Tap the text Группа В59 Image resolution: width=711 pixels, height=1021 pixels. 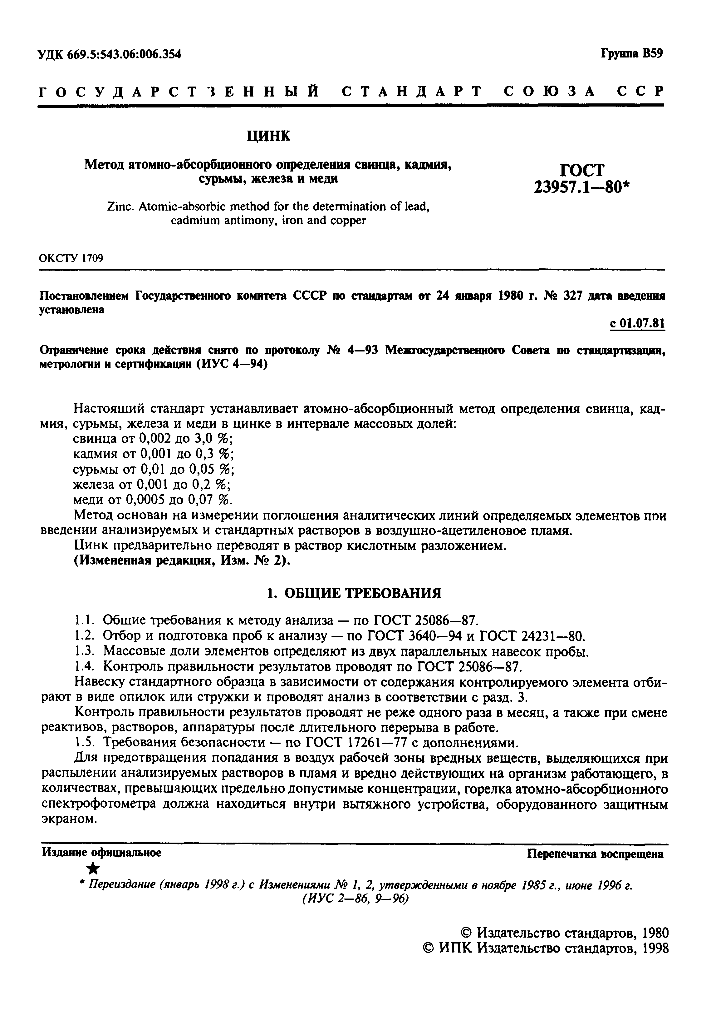pyautogui.click(x=631, y=53)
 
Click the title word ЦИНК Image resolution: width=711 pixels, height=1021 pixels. pyautogui.click(x=268, y=136)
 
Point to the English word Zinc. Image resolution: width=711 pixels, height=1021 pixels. pyautogui.click(x=119, y=207)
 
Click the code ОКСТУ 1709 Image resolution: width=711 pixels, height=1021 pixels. pyautogui.click(x=71, y=259)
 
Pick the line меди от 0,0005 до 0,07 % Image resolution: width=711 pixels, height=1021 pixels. pyautogui.click(x=152, y=500)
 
